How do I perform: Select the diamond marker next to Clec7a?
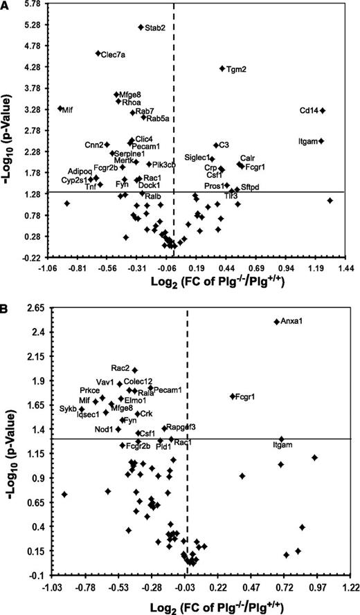[x=98, y=53]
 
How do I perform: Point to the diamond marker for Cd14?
[x=323, y=111]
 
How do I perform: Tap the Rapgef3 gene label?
[x=181, y=427]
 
